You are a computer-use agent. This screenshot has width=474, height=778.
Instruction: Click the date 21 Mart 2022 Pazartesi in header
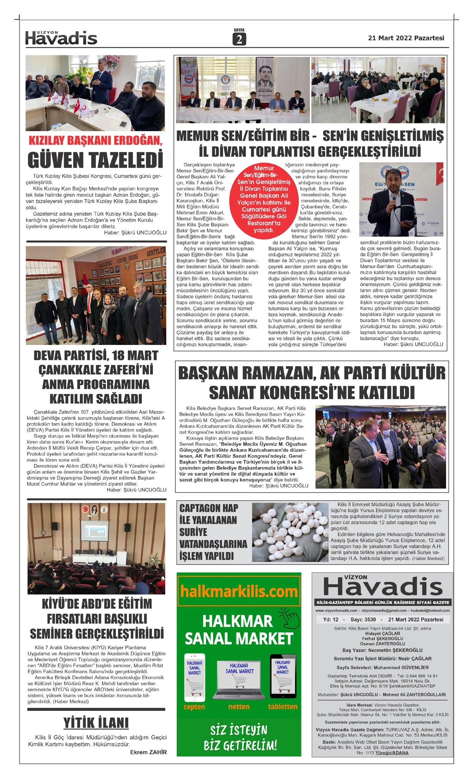click(406, 38)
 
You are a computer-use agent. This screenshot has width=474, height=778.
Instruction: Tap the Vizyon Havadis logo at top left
click(61, 38)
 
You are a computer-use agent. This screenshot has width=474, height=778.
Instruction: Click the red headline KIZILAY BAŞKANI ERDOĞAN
click(96, 141)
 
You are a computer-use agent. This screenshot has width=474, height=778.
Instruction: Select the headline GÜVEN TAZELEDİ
click(95, 160)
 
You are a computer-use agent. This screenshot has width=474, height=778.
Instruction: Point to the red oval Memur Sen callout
click(263, 199)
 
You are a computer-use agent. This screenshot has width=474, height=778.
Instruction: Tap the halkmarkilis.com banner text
click(239, 592)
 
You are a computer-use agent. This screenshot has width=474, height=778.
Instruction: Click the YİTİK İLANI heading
click(96, 723)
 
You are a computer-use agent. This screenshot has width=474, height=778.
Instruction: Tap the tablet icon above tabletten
click(283, 676)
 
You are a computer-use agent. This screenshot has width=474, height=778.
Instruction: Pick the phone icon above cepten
click(194, 677)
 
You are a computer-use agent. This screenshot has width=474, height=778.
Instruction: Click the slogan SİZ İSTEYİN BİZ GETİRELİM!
click(239, 738)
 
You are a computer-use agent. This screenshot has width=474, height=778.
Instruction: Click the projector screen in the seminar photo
click(95, 532)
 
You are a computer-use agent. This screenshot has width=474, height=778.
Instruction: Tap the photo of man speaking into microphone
click(401, 200)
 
